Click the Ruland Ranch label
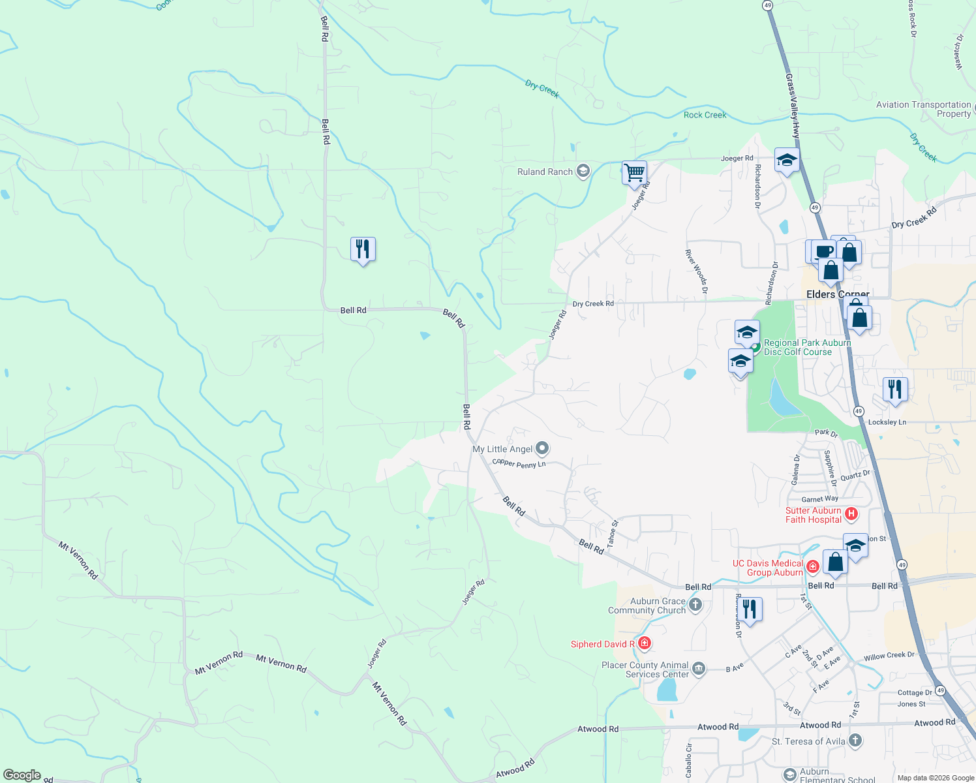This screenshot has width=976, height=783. click(545, 172)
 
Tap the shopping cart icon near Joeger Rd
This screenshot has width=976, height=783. click(634, 173)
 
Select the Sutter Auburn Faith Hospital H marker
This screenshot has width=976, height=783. click(851, 514)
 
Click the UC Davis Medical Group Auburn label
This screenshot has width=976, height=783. click(768, 568)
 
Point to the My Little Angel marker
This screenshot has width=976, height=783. click(542, 448)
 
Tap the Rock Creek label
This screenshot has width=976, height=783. click(705, 115)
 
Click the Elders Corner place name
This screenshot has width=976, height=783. click(838, 294)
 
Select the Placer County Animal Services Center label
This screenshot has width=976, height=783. click(645, 669)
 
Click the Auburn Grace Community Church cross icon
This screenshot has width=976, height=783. click(695, 605)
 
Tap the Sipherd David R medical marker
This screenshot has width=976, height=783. click(645, 644)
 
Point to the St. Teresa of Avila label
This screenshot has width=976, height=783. click(808, 741)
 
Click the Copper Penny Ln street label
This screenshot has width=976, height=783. click(519, 463)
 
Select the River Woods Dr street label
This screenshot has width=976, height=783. click(696, 271)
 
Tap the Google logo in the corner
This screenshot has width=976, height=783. click(22, 775)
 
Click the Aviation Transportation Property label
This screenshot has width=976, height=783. click(923, 109)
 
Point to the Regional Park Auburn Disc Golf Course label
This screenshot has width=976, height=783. click(807, 347)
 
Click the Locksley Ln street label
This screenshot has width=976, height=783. click(887, 422)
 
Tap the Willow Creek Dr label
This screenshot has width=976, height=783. click(889, 656)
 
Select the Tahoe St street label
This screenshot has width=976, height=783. click(612, 534)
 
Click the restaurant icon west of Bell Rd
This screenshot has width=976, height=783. click(363, 249)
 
